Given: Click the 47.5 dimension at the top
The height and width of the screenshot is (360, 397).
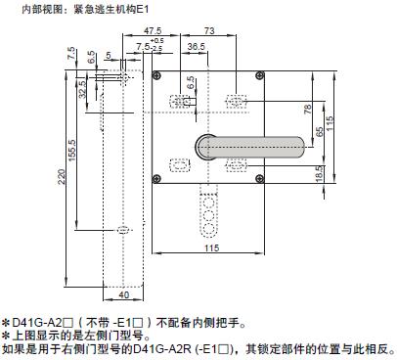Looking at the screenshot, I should (x=153, y=30).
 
